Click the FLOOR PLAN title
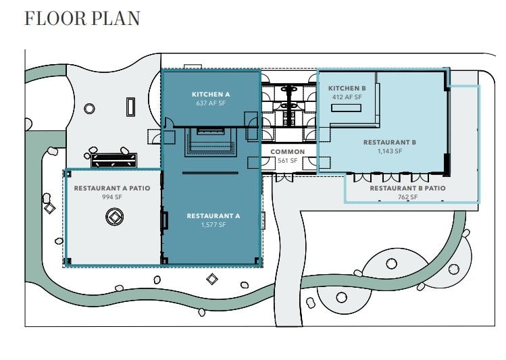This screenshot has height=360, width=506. tap(82, 18)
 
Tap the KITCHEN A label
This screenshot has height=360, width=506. tap(211, 94)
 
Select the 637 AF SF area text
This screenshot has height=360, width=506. tap(211, 103)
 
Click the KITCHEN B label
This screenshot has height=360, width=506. tap(347, 88)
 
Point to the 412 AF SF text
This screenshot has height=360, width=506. tap(347, 97)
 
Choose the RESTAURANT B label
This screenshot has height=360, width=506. tap(390, 143)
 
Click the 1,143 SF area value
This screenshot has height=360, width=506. tap(390, 151)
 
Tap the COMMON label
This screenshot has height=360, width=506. tap(288, 151)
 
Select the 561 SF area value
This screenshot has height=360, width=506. tap(288, 160)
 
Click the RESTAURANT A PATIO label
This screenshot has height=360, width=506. tap(112, 188)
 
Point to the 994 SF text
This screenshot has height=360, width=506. tap(112, 197)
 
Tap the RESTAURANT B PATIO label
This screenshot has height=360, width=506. tap(407, 188)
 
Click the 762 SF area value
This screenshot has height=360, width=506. tap(407, 197)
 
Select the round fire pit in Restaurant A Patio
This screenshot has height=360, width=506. tap(115, 217)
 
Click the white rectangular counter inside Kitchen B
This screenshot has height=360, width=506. tap(346, 108)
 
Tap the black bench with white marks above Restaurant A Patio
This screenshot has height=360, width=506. tap(114, 160)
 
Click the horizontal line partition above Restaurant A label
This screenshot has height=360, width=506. tap(210, 173)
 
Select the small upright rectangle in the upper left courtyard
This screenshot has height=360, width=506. tap(130, 107)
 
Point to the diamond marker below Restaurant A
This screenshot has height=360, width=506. tap(212, 279)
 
